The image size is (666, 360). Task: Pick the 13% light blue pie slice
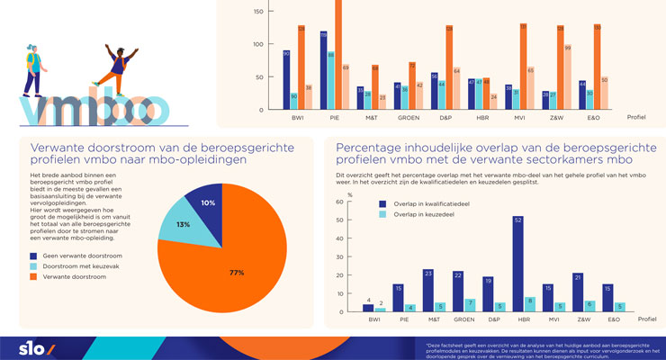[x=183, y=224]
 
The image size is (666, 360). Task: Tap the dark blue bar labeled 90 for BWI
[x=286, y=80]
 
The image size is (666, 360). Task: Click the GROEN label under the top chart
[x=409, y=117]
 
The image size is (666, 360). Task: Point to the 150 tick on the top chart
[x=258, y=12]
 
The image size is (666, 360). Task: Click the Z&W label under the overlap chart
[x=582, y=319]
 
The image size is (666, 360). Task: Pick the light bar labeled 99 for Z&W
[x=567, y=76]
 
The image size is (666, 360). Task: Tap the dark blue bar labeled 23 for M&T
[x=428, y=290]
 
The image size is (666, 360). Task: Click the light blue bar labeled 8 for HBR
[x=529, y=304]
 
